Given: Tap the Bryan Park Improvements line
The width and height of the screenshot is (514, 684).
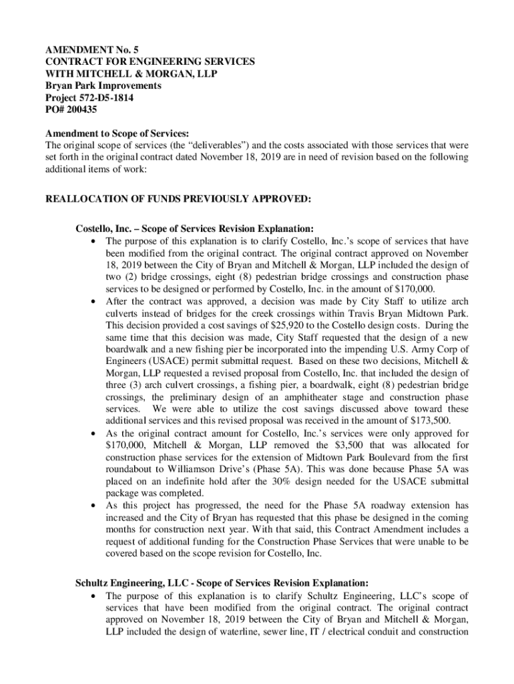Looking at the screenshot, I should (103, 86).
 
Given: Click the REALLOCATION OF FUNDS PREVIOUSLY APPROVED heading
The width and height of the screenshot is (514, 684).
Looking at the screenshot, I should (178, 199).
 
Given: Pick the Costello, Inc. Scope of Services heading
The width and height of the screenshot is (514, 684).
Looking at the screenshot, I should (194, 228).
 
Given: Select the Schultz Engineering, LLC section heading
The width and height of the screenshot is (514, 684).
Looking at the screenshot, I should (222, 582).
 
